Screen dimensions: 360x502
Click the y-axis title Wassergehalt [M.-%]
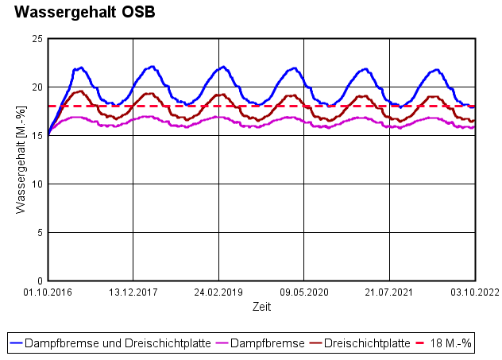21,160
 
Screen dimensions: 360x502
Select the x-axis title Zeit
261,306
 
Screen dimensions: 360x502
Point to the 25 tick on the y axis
37,38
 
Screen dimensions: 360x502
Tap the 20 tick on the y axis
37,87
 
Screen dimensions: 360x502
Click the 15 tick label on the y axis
37,135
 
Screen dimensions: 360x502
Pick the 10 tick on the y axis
37,184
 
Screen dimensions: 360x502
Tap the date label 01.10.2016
48,292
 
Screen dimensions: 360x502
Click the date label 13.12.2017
133,292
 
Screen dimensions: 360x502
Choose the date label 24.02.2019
219,292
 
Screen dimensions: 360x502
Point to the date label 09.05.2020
304,292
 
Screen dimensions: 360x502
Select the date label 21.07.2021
389,292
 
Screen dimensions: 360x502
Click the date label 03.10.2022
475,292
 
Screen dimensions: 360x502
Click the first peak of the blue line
81,68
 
